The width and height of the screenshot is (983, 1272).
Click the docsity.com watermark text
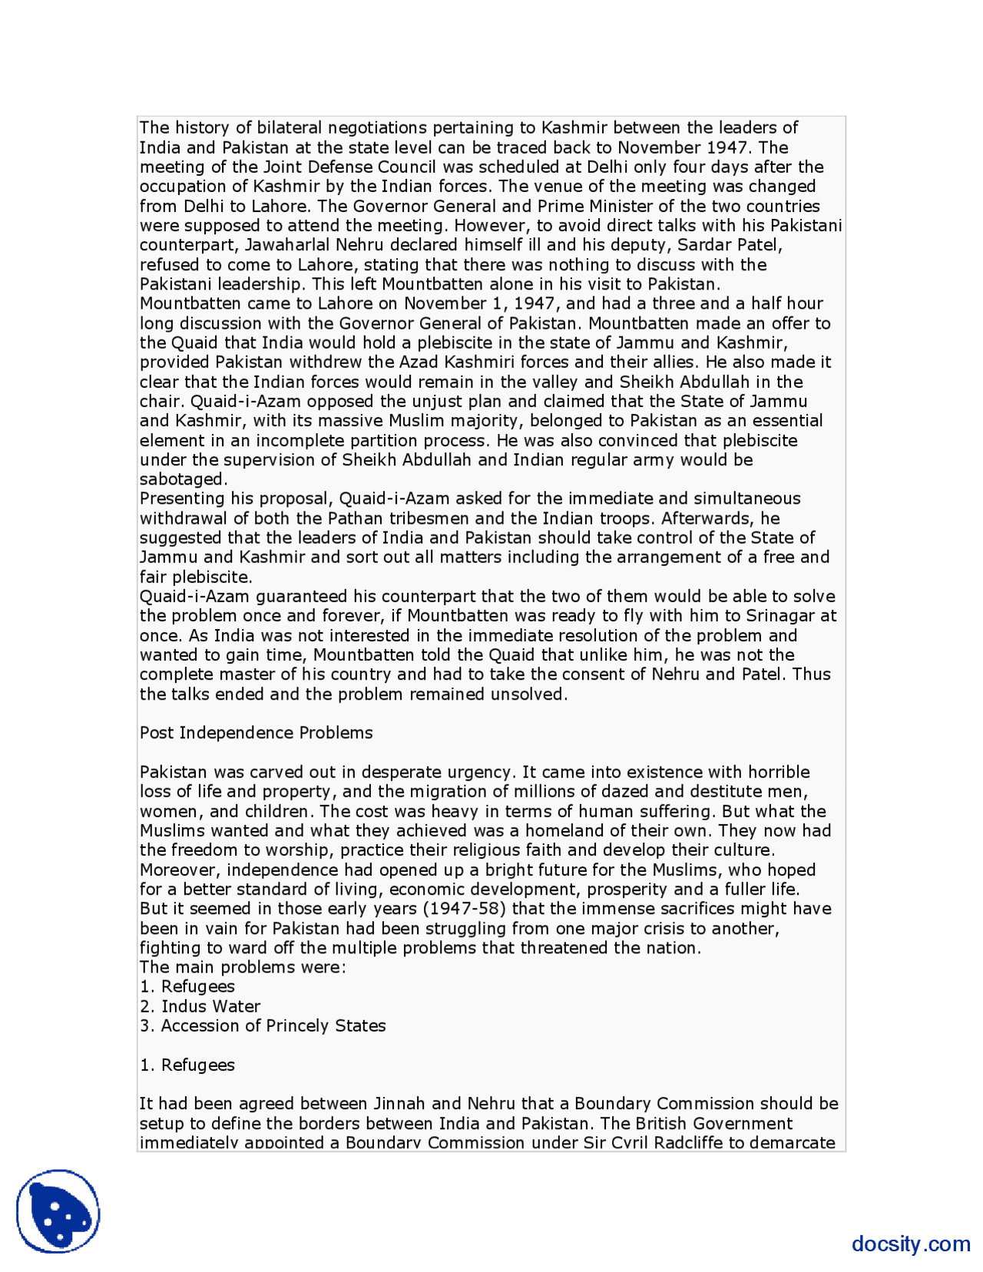tap(910, 1243)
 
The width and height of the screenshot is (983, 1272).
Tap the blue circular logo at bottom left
tap(58, 1211)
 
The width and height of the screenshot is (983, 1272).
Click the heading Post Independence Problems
tap(256, 733)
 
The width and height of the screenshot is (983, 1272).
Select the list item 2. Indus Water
tap(200, 1006)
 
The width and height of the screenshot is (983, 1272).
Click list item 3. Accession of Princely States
tap(263, 1025)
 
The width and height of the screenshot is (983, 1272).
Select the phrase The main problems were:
tap(243, 967)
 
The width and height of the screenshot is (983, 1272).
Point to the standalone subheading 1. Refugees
tap(187, 1065)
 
